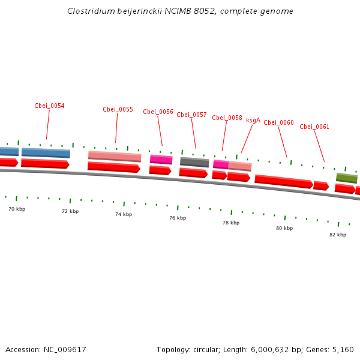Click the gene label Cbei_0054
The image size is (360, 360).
coord(49,106)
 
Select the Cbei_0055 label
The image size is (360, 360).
coord(118,109)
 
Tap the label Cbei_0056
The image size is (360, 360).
coord(158,112)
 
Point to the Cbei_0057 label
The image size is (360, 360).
coord(191,115)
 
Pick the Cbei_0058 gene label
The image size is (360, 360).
coord(227,118)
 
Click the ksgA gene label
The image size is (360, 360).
coord(253,120)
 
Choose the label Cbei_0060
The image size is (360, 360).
coord(278,122)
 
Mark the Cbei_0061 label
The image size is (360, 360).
coord(314,127)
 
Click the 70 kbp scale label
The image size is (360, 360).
coord(17,209)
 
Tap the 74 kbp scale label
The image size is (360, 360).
coord(124,214)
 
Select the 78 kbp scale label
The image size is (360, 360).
coord(231,223)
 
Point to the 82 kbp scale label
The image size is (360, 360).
coord(338,235)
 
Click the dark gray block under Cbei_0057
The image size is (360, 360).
coord(194,162)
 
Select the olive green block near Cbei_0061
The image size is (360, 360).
coord(347,178)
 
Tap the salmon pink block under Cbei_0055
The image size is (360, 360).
coord(115,156)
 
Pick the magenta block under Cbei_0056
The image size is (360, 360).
coord(161,160)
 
